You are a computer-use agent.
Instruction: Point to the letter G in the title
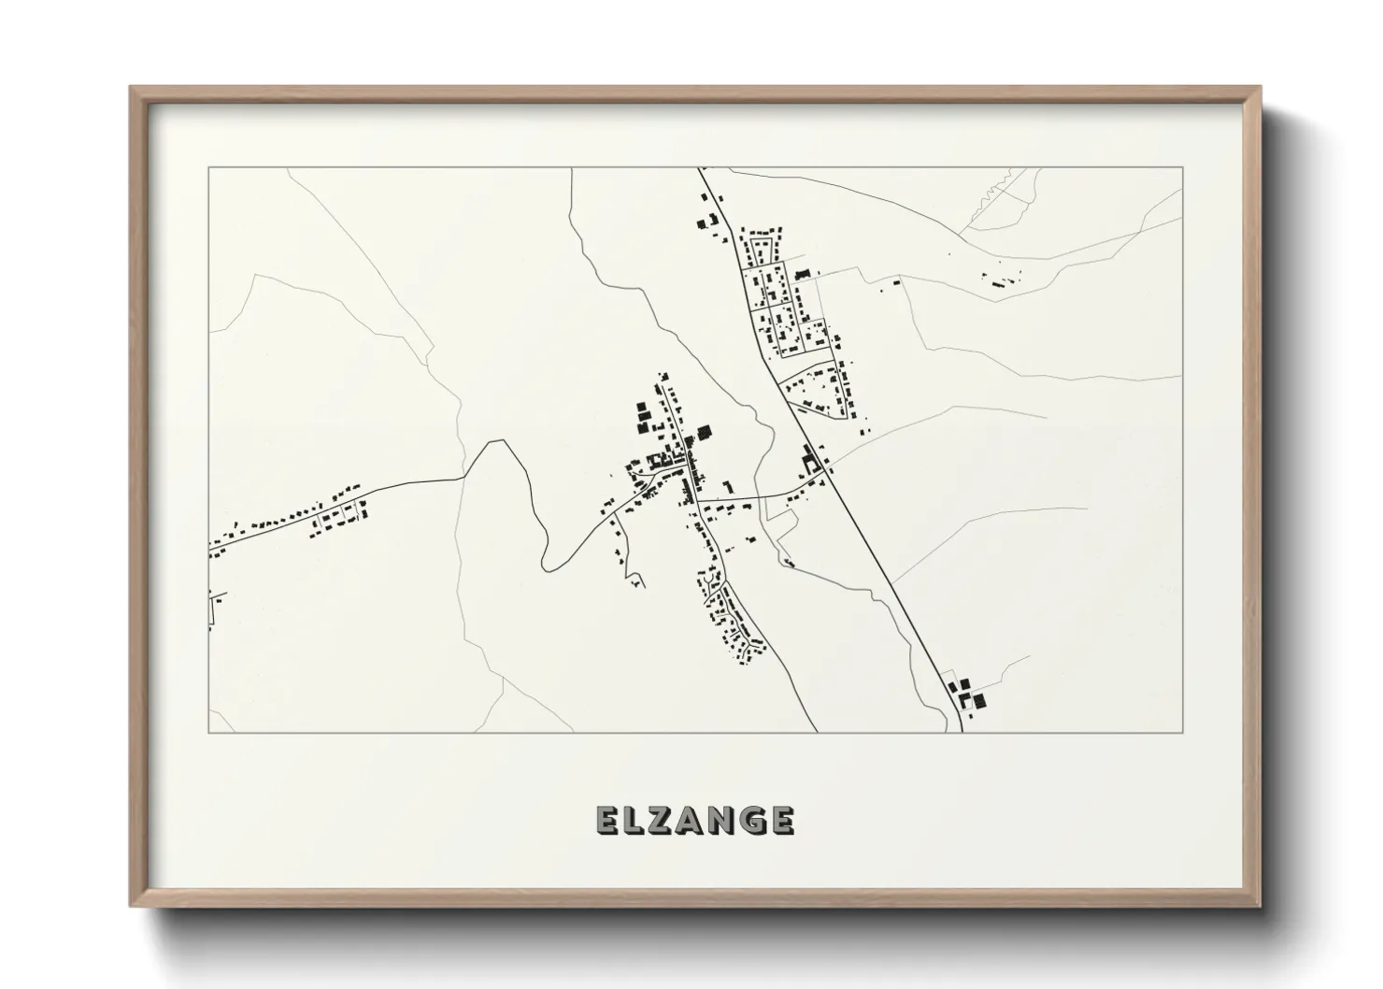pos(753,820)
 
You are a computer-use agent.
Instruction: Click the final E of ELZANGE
pos(783,820)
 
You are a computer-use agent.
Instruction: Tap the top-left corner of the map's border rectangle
pos(208,167)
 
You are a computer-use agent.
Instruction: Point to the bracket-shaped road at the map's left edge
pos(213,609)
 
